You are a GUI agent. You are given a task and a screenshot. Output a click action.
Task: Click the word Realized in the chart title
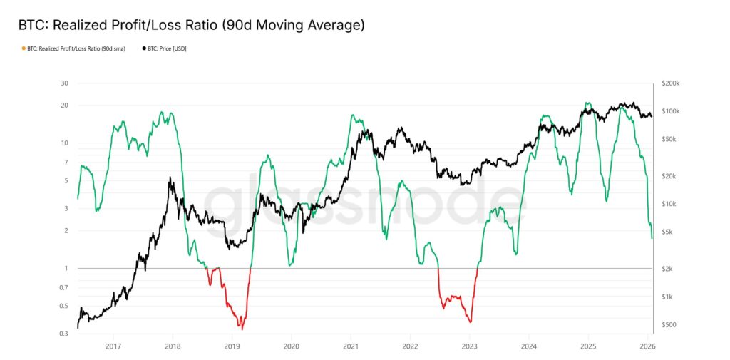coord(81,26)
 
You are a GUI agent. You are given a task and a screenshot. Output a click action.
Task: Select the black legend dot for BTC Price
coord(145,48)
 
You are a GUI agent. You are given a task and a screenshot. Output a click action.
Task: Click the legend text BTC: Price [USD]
coord(168,48)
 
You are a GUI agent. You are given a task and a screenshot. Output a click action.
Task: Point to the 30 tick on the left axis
coord(64,83)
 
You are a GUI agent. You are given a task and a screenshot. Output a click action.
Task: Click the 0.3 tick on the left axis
coord(63,334)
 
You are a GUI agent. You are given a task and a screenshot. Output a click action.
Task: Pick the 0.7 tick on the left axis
coord(63,287)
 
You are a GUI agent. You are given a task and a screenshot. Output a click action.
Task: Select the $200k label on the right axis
coord(671,83)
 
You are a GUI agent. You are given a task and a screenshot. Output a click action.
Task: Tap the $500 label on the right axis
coord(669,325)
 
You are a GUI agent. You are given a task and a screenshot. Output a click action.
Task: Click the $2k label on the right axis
coord(667,269)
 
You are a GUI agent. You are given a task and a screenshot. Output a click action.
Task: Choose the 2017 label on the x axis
coord(113,346)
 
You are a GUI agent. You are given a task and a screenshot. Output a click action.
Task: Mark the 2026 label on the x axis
coord(647,346)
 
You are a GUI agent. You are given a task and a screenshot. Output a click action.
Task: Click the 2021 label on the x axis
coord(350,346)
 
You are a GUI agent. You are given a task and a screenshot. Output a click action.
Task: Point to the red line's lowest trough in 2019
coord(242,329)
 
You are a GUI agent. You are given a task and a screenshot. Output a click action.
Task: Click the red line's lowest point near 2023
coord(471,322)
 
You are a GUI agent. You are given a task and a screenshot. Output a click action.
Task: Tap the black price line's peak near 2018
coord(169,178)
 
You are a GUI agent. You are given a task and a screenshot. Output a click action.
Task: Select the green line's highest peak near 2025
coord(586,103)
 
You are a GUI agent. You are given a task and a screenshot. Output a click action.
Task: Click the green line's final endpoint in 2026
coord(652,238)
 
